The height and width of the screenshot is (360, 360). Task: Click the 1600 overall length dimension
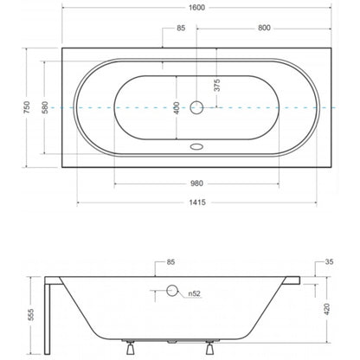click(196, 8)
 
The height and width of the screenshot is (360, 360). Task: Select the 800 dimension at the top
click(264, 28)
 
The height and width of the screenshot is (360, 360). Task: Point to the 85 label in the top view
click(181, 28)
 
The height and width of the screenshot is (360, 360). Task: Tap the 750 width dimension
click(27, 107)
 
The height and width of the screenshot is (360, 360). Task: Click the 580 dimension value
click(46, 107)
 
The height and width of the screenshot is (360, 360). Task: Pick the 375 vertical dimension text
click(217, 85)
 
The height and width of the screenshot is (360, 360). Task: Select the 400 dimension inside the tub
click(177, 108)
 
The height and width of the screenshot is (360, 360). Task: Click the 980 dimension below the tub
click(196, 183)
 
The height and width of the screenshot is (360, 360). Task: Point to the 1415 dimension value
click(197, 202)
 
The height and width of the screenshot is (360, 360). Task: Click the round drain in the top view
click(196, 107)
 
